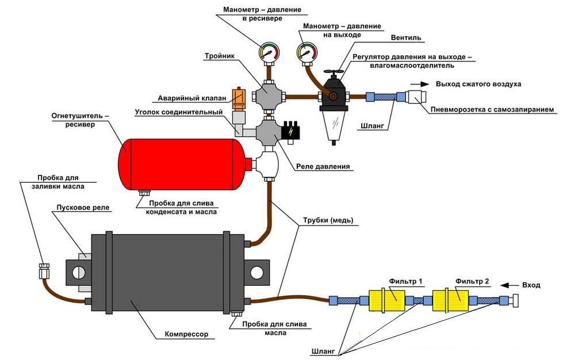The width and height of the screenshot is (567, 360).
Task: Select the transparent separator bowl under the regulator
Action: coord(334,127)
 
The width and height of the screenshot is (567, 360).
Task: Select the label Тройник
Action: coord(219,56)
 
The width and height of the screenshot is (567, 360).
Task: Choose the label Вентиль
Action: coord(406,38)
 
